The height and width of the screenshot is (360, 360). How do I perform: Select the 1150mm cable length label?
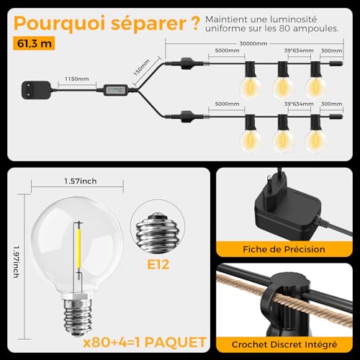coord(77,77)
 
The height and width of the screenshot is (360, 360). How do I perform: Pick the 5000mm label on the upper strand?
coord(228,52)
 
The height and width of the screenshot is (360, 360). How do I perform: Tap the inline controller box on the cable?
coord(116,90)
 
